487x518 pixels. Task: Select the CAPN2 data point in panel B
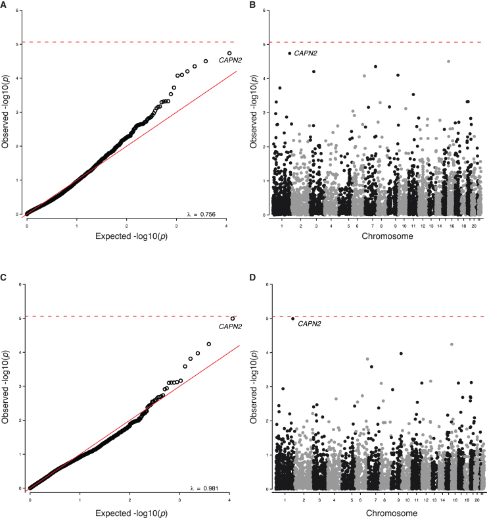tap(290, 53)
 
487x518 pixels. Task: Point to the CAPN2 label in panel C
tap(230, 326)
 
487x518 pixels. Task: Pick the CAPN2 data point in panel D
tap(292, 319)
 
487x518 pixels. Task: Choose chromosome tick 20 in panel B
tap(473, 225)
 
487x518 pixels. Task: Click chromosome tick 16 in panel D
tap(452, 500)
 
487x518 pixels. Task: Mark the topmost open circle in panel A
tap(229, 53)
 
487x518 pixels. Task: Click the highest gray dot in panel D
tap(452, 344)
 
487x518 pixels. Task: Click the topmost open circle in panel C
tap(233, 319)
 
